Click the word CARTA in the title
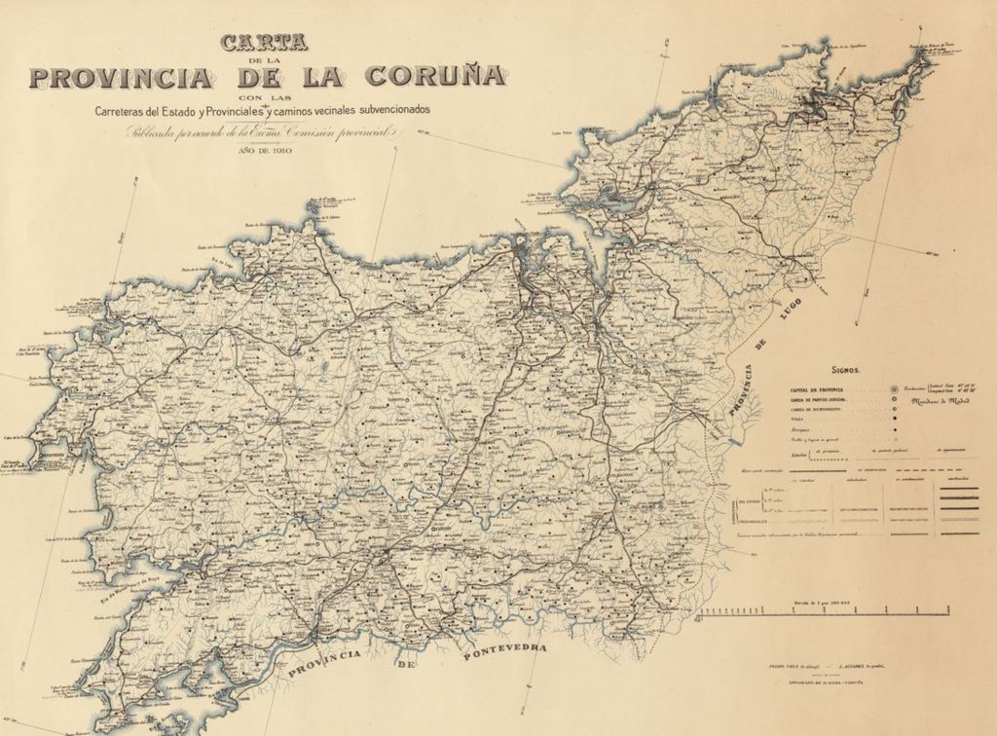click(x=264, y=43)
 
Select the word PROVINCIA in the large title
click(x=128, y=78)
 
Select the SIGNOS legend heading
click(x=844, y=371)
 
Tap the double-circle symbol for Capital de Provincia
click(x=894, y=388)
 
